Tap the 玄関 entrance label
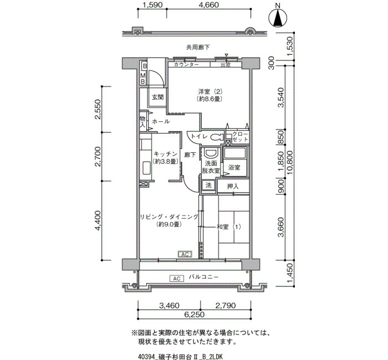157,97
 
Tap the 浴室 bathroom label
234,167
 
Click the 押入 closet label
233,187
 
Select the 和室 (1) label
229,227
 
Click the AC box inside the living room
185,254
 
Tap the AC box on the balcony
177,279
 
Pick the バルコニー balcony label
203,277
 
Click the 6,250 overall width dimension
194,315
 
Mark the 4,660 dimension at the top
208,5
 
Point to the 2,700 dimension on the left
98,157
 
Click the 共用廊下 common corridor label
198,47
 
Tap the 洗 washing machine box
208,185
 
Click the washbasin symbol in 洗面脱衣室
211,153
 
